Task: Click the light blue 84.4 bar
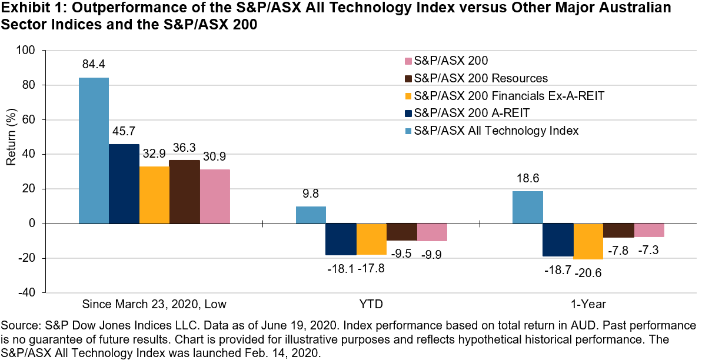[94, 151]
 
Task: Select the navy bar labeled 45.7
[124, 184]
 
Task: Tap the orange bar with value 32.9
[154, 195]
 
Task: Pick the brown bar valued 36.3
[184, 192]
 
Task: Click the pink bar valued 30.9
[215, 196]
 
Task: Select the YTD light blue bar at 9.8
[311, 215]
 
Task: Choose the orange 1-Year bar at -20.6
[588, 241]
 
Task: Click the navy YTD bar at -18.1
[341, 239]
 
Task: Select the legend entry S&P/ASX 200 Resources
[481, 78]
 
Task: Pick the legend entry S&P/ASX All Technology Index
[496, 131]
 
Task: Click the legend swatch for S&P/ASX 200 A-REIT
[407, 113]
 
